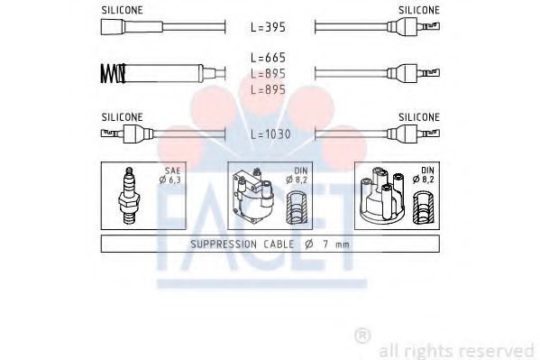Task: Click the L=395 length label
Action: [268, 27]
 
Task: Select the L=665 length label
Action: [268, 57]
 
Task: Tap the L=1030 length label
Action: [269, 134]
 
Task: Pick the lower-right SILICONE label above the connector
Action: [418, 116]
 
